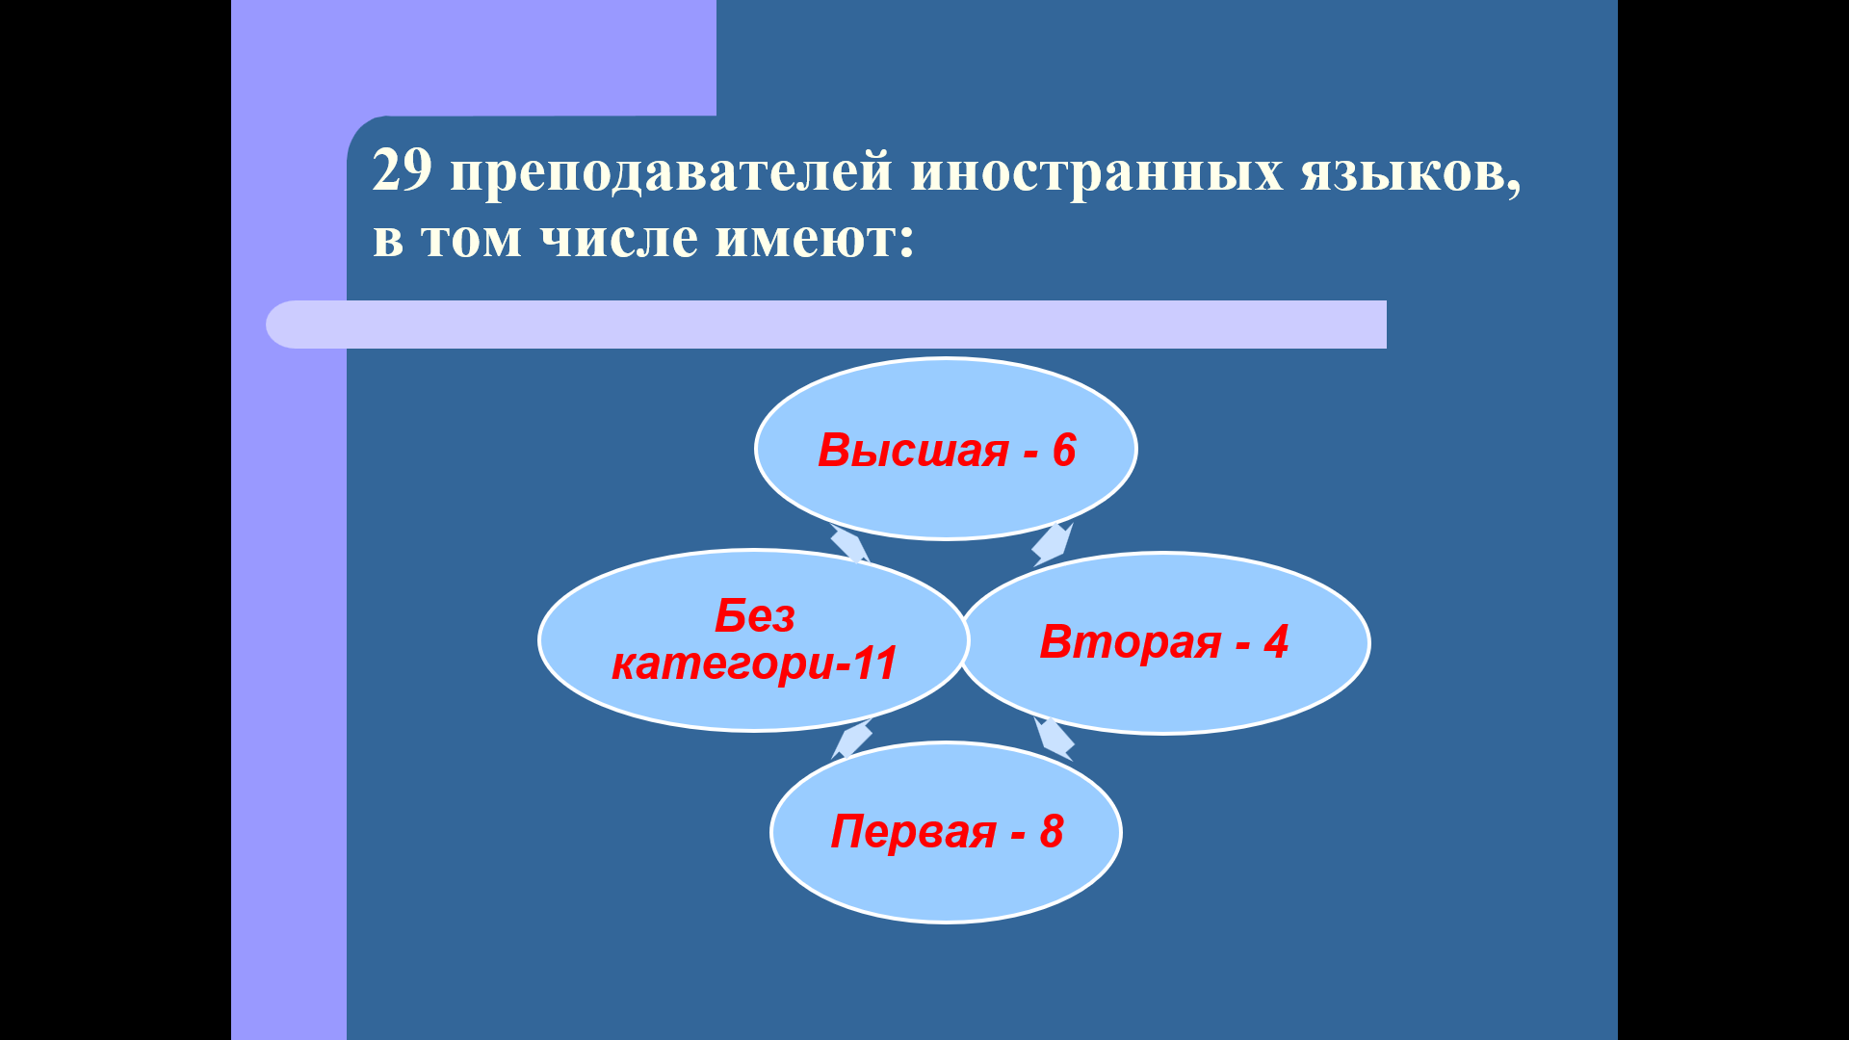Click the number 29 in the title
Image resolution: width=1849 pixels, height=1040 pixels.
click(402, 171)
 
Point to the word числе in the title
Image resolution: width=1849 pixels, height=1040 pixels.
click(618, 239)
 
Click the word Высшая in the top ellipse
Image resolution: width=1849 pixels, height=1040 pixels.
click(913, 450)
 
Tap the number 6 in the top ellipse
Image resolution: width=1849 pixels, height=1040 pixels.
click(1063, 450)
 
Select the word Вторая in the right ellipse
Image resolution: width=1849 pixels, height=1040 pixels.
click(1131, 642)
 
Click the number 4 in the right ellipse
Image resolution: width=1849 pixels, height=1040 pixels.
click(1276, 641)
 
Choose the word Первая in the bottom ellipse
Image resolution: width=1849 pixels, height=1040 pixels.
click(913, 832)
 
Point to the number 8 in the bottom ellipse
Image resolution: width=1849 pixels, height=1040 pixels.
click(1051, 831)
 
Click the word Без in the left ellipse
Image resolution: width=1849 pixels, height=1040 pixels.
click(755, 615)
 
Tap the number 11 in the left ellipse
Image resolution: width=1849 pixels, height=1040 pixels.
click(874, 663)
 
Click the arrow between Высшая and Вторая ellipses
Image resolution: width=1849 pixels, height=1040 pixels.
click(1053, 544)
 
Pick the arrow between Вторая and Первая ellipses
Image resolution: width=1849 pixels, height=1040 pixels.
click(1054, 739)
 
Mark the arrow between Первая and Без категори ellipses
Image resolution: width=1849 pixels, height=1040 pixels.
click(851, 740)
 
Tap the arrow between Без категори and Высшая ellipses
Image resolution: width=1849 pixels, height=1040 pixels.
click(849, 544)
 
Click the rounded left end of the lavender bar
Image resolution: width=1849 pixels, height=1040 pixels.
click(279, 325)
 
